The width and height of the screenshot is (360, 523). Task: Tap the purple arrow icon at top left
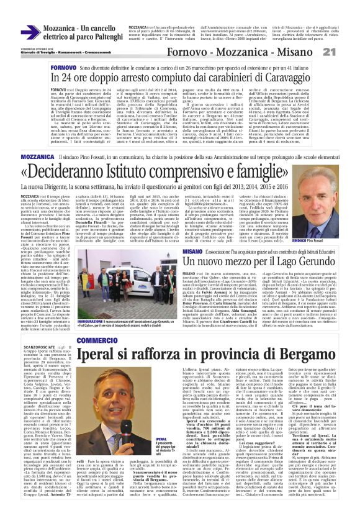point(28,32)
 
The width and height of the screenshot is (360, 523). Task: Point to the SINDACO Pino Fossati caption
point(325,240)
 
